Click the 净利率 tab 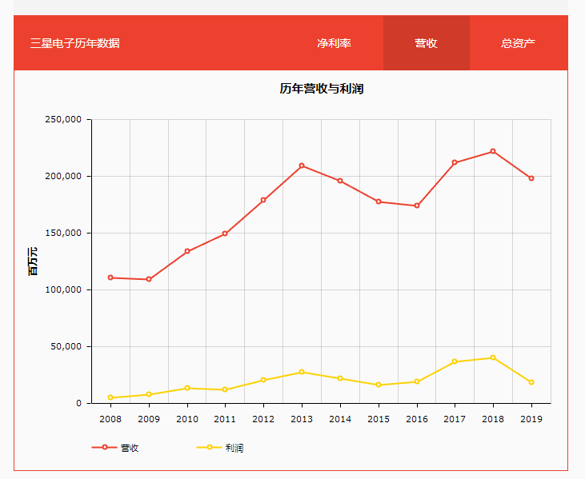coord(334,43)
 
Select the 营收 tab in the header coord(426,43)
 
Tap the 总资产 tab coord(518,43)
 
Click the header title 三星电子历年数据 coord(74,43)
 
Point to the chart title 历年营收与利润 coord(321,89)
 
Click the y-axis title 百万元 coord(33,261)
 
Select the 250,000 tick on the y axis coord(63,120)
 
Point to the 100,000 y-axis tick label coord(63,290)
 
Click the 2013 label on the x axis coord(302,418)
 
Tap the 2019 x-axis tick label coord(531,418)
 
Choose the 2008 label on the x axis coord(110,418)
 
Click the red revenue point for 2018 coord(493,151)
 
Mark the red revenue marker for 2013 coord(302,166)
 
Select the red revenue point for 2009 coord(149,279)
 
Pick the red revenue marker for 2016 coord(417,206)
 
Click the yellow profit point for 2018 coord(493,357)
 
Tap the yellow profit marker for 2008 coord(110,397)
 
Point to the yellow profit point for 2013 coord(302,372)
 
